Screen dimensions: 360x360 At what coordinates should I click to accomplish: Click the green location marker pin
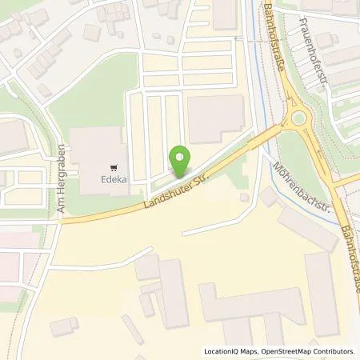pos(182,162)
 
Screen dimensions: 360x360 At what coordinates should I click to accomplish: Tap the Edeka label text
pos(111,181)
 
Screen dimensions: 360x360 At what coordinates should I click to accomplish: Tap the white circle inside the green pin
pos(182,157)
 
